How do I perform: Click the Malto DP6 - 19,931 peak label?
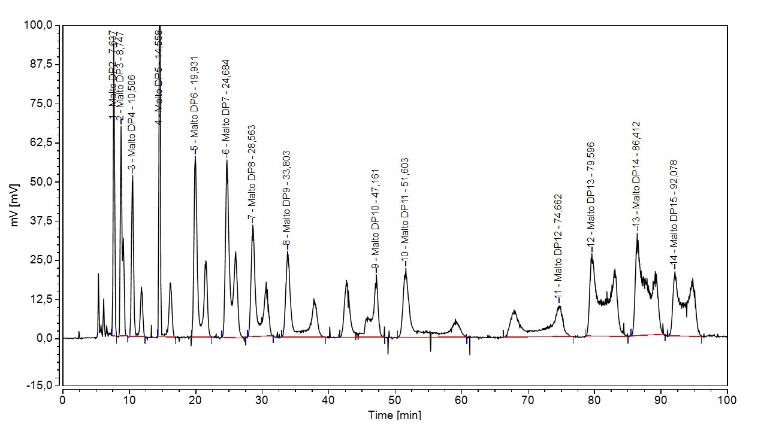tap(195, 105)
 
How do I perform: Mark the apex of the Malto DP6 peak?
tap(195, 157)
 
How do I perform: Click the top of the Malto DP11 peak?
tap(406, 269)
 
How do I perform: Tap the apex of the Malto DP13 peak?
tap(592, 254)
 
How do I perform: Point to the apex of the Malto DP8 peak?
tap(253, 226)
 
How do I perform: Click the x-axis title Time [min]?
tap(395, 415)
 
